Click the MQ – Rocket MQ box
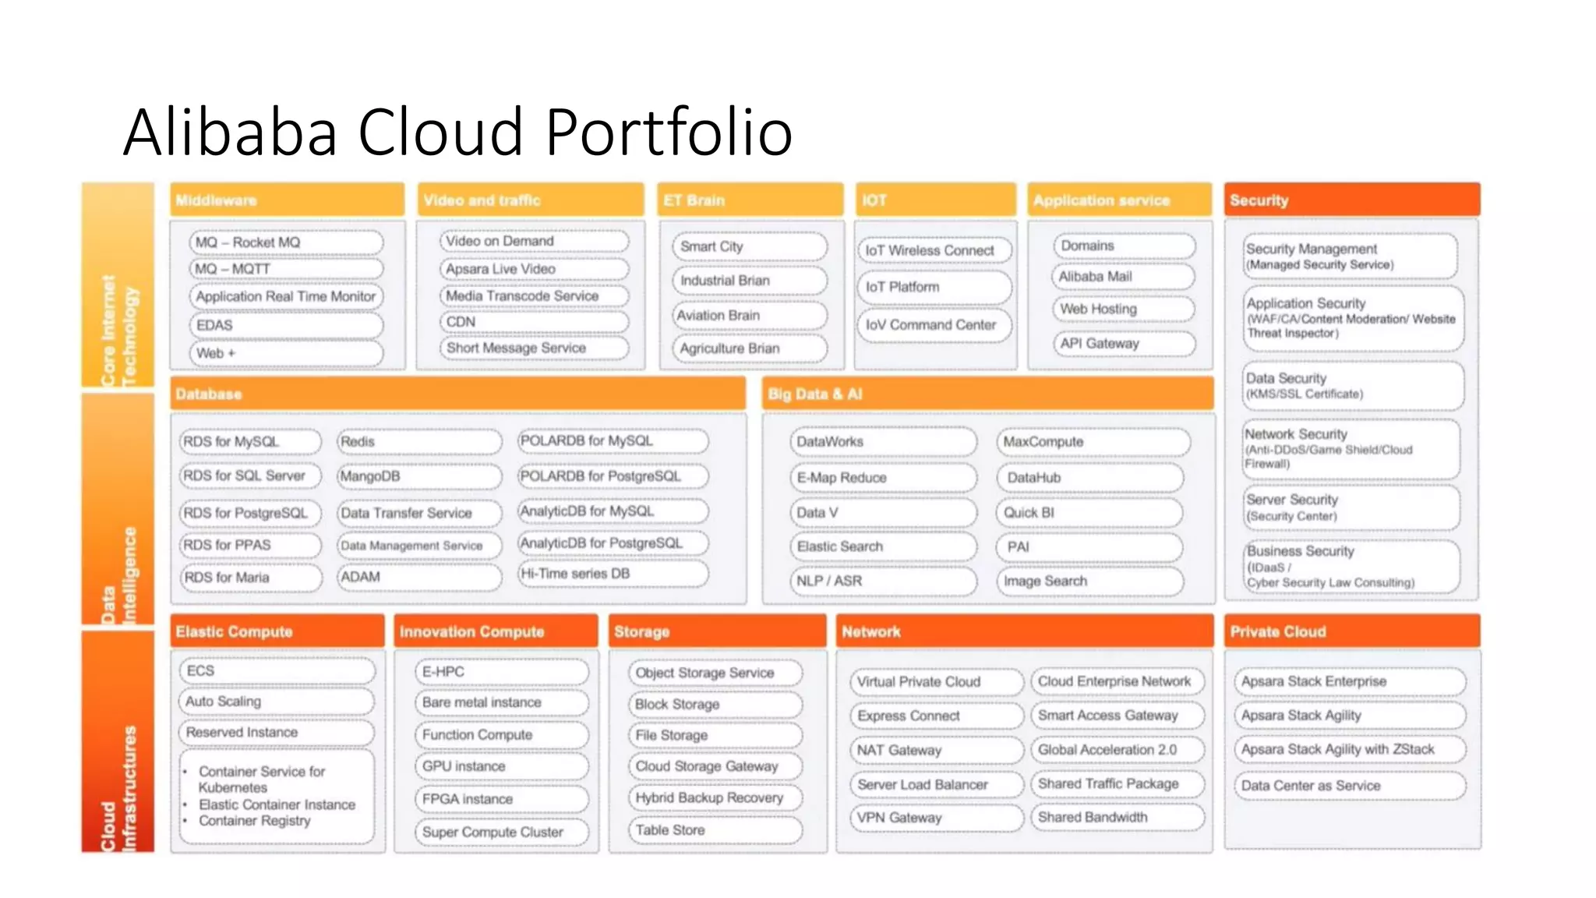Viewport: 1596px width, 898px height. [286, 242]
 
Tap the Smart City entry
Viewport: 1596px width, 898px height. [748, 246]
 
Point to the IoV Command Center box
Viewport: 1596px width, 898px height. [933, 325]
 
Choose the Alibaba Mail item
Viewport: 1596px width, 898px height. [1122, 277]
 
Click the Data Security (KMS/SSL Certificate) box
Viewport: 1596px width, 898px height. [1352, 386]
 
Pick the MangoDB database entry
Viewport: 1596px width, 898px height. [418, 476]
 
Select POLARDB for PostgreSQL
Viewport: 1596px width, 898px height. [613, 476]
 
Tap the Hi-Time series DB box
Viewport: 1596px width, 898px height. [613, 574]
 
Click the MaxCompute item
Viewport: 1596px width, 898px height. [1092, 442]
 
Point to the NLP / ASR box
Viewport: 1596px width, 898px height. [883, 582]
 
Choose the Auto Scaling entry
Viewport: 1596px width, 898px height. [277, 702]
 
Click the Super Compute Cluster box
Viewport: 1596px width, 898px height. [501, 832]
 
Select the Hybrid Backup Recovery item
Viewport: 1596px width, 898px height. [715, 797]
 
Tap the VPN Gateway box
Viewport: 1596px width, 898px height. [936, 818]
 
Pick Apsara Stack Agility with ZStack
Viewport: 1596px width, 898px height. [1348, 749]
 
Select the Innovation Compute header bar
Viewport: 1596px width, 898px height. [496, 631]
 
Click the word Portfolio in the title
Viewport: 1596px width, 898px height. [669, 132]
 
